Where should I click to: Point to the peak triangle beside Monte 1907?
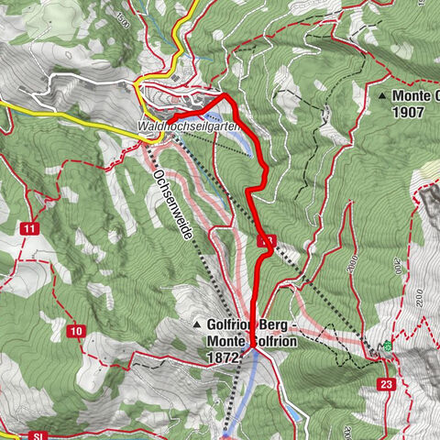coord(381,94)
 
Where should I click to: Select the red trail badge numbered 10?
coord(75,331)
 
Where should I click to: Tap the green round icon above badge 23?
coord(387,346)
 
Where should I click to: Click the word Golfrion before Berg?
coord(236,326)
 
